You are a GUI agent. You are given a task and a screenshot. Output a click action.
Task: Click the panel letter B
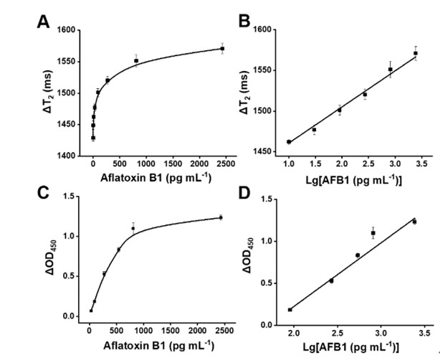coord(244,22)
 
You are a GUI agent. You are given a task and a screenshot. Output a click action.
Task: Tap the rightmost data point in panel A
coord(222,49)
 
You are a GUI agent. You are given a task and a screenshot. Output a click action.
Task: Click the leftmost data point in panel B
coord(289,142)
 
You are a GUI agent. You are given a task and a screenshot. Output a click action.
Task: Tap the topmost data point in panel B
coord(416,53)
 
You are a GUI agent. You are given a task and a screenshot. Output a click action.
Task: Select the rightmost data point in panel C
coord(221,217)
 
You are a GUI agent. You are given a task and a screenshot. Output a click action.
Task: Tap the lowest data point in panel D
coord(290,310)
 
